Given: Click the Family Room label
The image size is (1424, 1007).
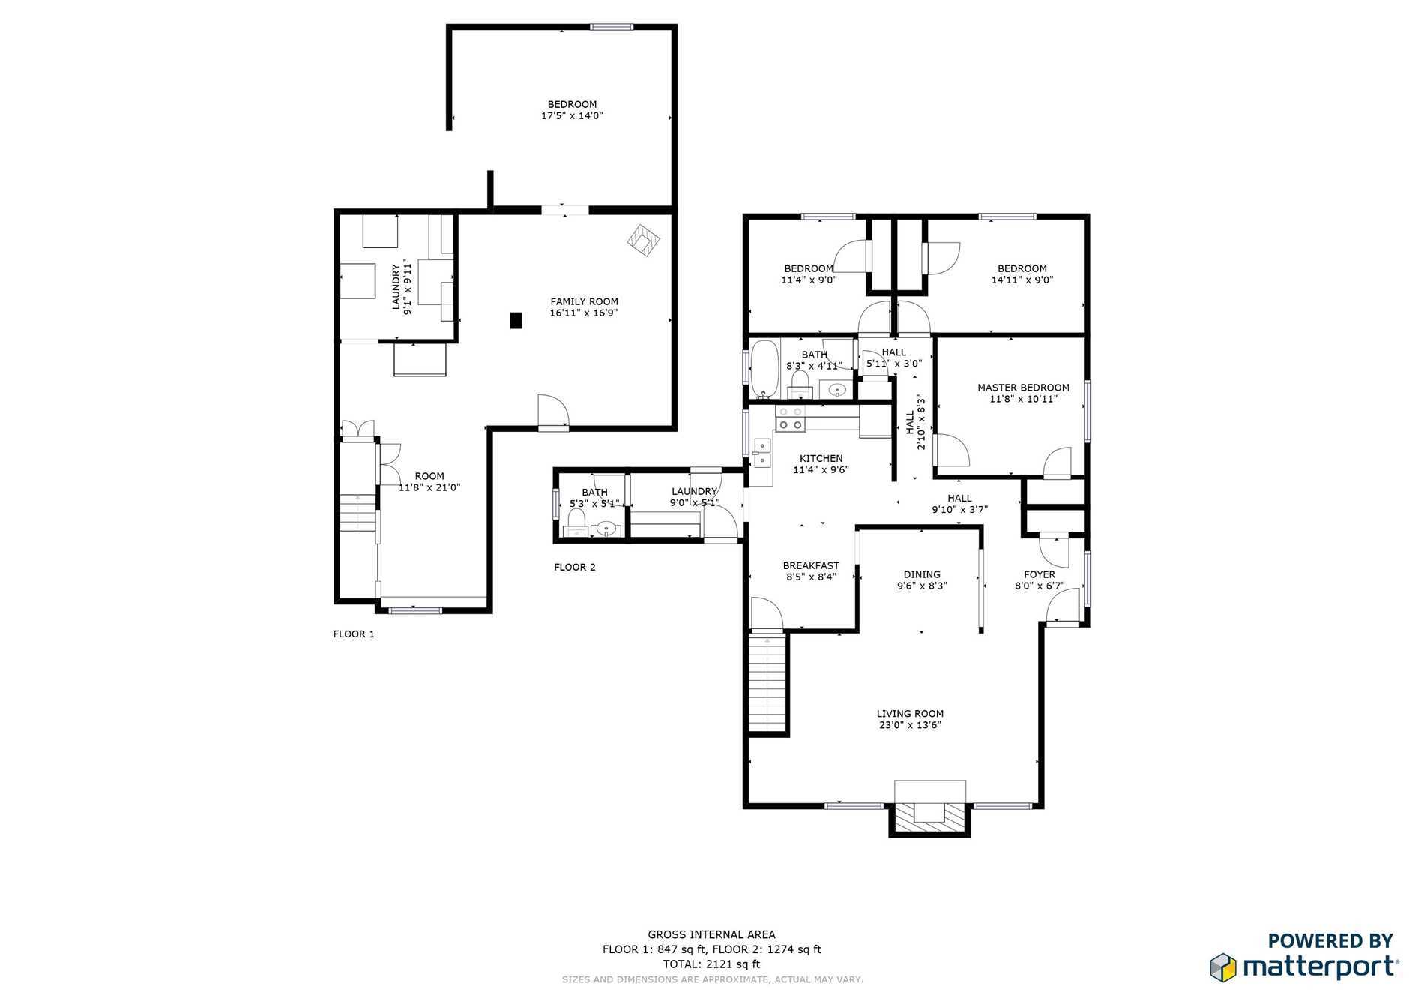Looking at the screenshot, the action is tap(584, 301).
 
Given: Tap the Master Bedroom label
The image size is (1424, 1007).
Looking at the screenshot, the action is tap(1023, 388).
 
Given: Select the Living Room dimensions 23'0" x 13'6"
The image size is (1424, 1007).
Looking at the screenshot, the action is tap(910, 725).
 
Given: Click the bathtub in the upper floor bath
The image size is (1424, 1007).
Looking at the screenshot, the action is tap(764, 370).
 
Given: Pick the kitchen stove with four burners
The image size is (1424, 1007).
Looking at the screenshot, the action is tap(790, 419).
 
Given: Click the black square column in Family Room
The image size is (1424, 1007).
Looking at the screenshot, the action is tap(516, 320).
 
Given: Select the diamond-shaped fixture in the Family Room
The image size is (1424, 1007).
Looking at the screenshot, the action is tap(644, 241).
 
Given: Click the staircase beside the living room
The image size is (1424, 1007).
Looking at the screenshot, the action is tap(769, 682).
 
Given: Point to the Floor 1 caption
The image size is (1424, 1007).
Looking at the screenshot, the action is tap(354, 634).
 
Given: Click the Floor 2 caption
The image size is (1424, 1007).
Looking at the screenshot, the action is tap(575, 567).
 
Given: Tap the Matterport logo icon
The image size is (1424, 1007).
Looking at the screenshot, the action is tap(1222, 967).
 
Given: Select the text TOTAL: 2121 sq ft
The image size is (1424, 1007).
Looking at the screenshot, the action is tap(711, 964).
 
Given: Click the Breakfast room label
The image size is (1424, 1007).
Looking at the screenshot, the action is tap(811, 565).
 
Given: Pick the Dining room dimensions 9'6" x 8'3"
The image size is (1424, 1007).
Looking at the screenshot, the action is tap(922, 586).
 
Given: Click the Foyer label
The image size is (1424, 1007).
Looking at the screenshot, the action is tap(1040, 574).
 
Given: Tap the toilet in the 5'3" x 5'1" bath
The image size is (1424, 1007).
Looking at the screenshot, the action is tap(576, 518).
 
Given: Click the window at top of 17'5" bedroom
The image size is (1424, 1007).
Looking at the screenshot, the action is tap(612, 28).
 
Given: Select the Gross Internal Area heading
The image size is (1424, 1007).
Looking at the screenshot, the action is tap(712, 934).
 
